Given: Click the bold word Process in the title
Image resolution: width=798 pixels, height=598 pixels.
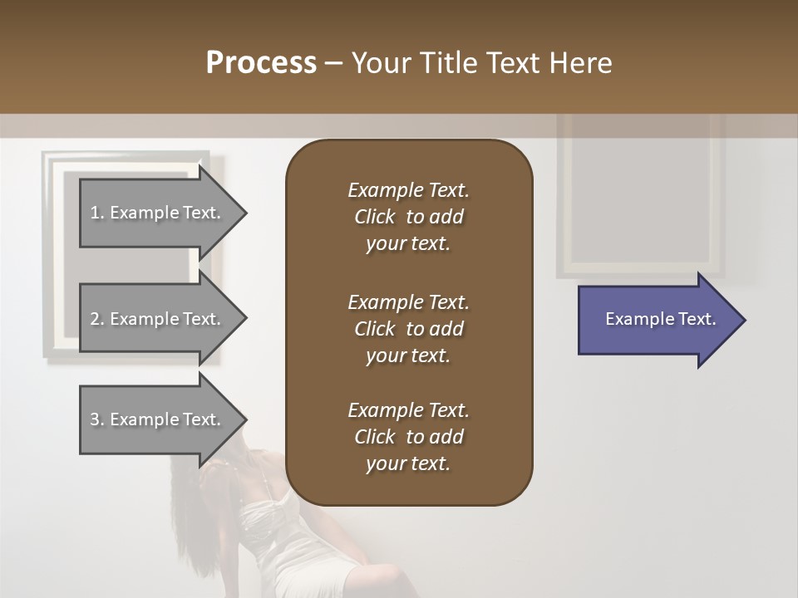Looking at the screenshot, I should [x=261, y=63].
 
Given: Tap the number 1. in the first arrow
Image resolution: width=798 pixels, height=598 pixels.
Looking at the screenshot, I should [x=97, y=213].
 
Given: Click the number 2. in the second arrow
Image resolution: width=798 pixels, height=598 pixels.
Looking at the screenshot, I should [x=97, y=319].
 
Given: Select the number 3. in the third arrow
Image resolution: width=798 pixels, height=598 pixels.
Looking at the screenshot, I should [x=97, y=419].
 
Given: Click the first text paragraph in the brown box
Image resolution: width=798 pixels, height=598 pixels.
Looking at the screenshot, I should [x=408, y=217].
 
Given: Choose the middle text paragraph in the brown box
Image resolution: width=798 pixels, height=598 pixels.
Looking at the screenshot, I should [x=408, y=329].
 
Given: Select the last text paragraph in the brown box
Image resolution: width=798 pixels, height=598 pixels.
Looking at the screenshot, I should [x=408, y=437].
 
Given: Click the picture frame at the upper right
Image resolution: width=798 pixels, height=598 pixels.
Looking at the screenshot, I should [x=640, y=199].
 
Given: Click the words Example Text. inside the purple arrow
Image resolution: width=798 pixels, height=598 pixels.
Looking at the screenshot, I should [x=660, y=320].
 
